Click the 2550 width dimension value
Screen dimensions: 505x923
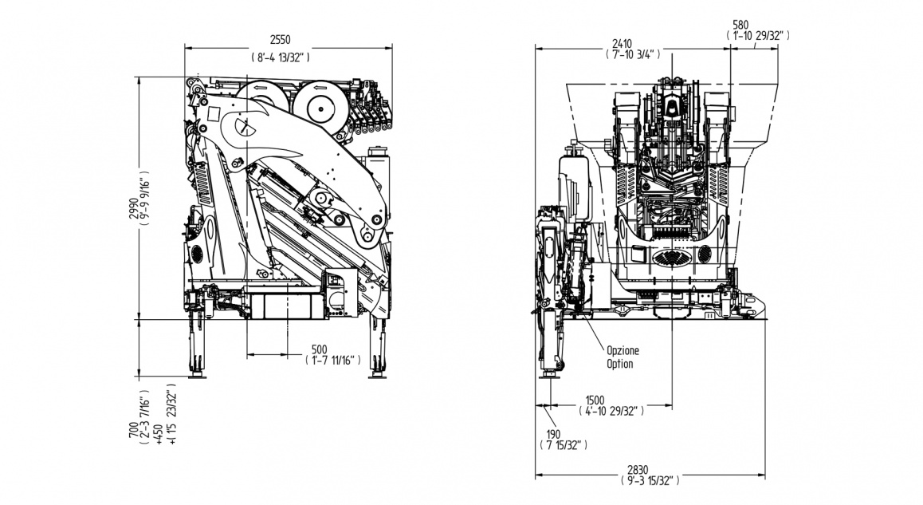click(x=279, y=40)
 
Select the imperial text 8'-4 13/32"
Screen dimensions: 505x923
click(x=279, y=57)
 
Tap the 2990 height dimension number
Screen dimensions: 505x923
click(x=133, y=209)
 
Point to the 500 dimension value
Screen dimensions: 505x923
click(x=320, y=349)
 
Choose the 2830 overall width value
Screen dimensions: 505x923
click(x=649, y=470)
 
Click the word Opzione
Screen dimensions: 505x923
click(x=623, y=351)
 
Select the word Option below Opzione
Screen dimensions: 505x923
click(x=619, y=364)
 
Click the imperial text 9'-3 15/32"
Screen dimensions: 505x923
click(x=649, y=481)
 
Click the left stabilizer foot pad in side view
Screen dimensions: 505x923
click(x=195, y=375)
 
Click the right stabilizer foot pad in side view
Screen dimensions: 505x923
click(x=377, y=375)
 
